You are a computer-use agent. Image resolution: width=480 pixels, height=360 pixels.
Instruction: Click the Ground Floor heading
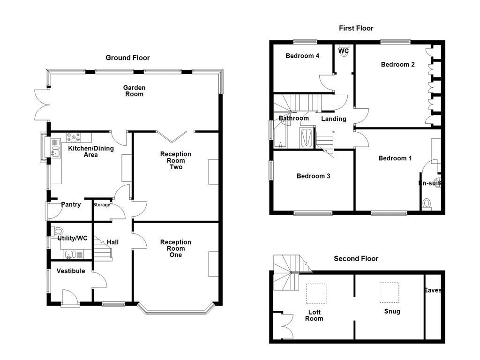[x=127, y=58]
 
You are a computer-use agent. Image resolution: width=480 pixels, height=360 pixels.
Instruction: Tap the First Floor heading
[x=356, y=28]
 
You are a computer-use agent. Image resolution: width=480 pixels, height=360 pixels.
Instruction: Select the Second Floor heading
[x=356, y=258]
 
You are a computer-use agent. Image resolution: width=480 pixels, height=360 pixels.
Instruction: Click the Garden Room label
[x=134, y=90]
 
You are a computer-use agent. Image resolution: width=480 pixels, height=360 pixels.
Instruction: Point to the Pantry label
[x=71, y=204]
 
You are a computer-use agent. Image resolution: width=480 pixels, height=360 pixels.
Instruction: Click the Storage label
[x=102, y=205]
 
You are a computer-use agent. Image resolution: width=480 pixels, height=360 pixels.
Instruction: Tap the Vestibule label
[x=71, y=271]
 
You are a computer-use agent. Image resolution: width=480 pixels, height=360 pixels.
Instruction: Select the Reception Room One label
[x=176, y=248]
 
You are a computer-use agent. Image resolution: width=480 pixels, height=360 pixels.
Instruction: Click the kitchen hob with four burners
[x=74, y=137]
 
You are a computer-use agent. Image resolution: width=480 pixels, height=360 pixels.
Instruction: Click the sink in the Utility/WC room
[x=69, y=255]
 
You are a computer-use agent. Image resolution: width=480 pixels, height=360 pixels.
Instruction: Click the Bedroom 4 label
[x=302, y=56]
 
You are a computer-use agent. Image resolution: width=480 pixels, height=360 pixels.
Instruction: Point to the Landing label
[x=333, y=119]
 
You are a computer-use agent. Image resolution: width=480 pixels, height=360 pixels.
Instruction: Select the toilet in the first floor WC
[x=345, y=52]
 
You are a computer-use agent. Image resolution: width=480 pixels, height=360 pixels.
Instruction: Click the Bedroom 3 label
[x=313, y=176]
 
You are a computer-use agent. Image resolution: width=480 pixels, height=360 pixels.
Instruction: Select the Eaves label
[x=433, y=290]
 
